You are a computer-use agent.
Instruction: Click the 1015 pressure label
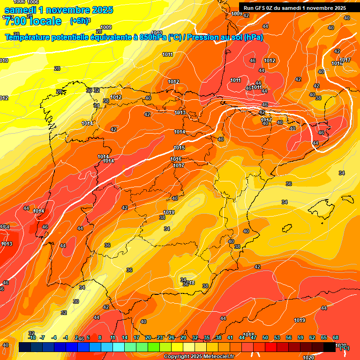point(179,148)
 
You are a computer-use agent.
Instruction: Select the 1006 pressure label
point(32,2)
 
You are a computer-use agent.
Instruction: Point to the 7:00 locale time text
point(33,21)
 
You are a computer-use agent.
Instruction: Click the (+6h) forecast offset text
point(80,21)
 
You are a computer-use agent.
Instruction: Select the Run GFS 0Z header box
point(295,7)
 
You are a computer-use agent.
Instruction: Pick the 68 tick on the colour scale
point(336,337)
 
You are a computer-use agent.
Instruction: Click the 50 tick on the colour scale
point(265,337)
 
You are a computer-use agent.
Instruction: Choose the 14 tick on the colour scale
point(125,337)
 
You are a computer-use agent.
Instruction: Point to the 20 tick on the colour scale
point(148,337)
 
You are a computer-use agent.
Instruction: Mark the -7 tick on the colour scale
point(42,337)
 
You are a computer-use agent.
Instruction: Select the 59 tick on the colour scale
point(300,337)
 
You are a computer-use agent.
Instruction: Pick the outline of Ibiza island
point(287,228)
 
